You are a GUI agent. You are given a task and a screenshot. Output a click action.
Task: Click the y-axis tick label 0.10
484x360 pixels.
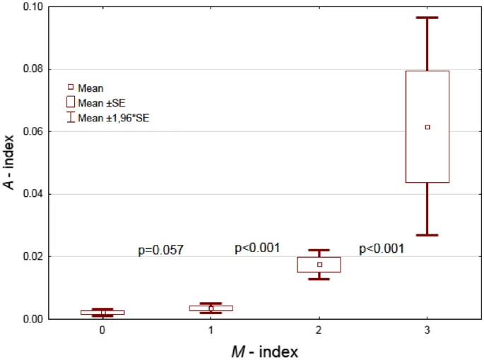click(33, 7)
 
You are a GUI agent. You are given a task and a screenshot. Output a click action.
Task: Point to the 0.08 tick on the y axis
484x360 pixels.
click(33, 69)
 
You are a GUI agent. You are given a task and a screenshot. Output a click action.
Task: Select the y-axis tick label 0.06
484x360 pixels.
click(33, 131)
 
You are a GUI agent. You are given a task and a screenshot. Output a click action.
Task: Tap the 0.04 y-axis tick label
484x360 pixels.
click(33, 194)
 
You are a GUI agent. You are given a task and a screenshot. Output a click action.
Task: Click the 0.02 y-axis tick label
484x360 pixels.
click(33, 256)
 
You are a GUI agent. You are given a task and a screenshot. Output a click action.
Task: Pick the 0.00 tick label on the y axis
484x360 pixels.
click(33, 319)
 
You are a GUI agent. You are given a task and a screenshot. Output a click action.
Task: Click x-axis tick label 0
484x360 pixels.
click(103, 330)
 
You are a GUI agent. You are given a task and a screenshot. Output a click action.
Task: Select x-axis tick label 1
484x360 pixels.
click(211, 330)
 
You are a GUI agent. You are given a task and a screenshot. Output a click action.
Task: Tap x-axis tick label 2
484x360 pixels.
click(319, 330)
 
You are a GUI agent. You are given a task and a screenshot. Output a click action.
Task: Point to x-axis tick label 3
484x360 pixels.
click(427, 330)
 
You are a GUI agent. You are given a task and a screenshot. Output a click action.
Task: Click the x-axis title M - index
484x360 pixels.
click(265, 350)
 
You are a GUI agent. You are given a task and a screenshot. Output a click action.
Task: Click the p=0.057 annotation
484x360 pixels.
click(160, 250)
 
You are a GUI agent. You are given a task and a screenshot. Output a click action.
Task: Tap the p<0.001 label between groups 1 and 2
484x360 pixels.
click(257, 248)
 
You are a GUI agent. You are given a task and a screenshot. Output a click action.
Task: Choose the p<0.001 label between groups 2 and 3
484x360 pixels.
click(382, 248)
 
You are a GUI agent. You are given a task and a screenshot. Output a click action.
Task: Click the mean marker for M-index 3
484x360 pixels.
click(427, 127)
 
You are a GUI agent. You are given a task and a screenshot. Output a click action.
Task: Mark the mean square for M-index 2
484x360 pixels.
click(319, 265)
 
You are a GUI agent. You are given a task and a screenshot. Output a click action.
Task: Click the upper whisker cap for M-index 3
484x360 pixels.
click(427, 17)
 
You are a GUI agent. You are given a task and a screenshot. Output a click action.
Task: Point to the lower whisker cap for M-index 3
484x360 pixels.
click(427, 235)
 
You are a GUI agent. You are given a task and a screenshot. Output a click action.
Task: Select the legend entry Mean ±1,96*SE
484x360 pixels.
click(113, 118)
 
